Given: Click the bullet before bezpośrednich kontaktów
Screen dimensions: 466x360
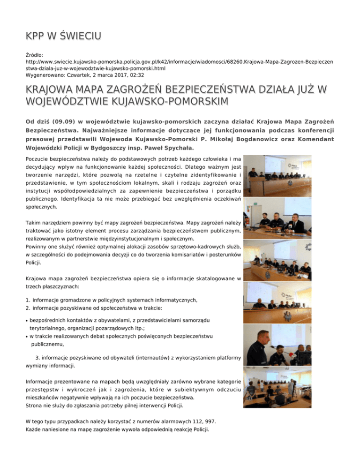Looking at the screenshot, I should [27, 320].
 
